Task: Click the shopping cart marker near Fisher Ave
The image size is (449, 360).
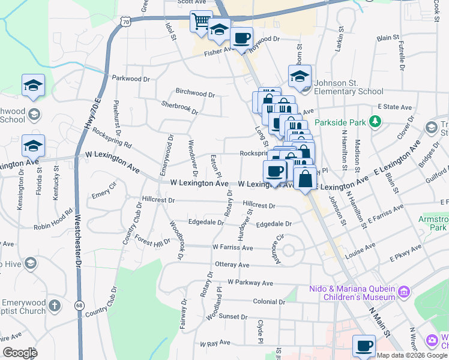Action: pos(201,22)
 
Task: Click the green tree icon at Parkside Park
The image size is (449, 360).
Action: pos(375,122)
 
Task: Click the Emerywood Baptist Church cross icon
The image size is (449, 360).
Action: pos(55,305)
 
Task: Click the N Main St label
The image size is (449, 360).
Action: pos(379,322)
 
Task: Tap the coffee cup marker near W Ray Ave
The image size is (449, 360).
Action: pos(364,346)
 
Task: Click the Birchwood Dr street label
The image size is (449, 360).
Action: pos(195,94)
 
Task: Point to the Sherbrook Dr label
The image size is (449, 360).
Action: pos(179,108)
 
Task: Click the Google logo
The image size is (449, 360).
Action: pos(20,353)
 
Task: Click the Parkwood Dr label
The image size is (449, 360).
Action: pos(131,79)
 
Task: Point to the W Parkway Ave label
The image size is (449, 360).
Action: pos(250,283)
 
